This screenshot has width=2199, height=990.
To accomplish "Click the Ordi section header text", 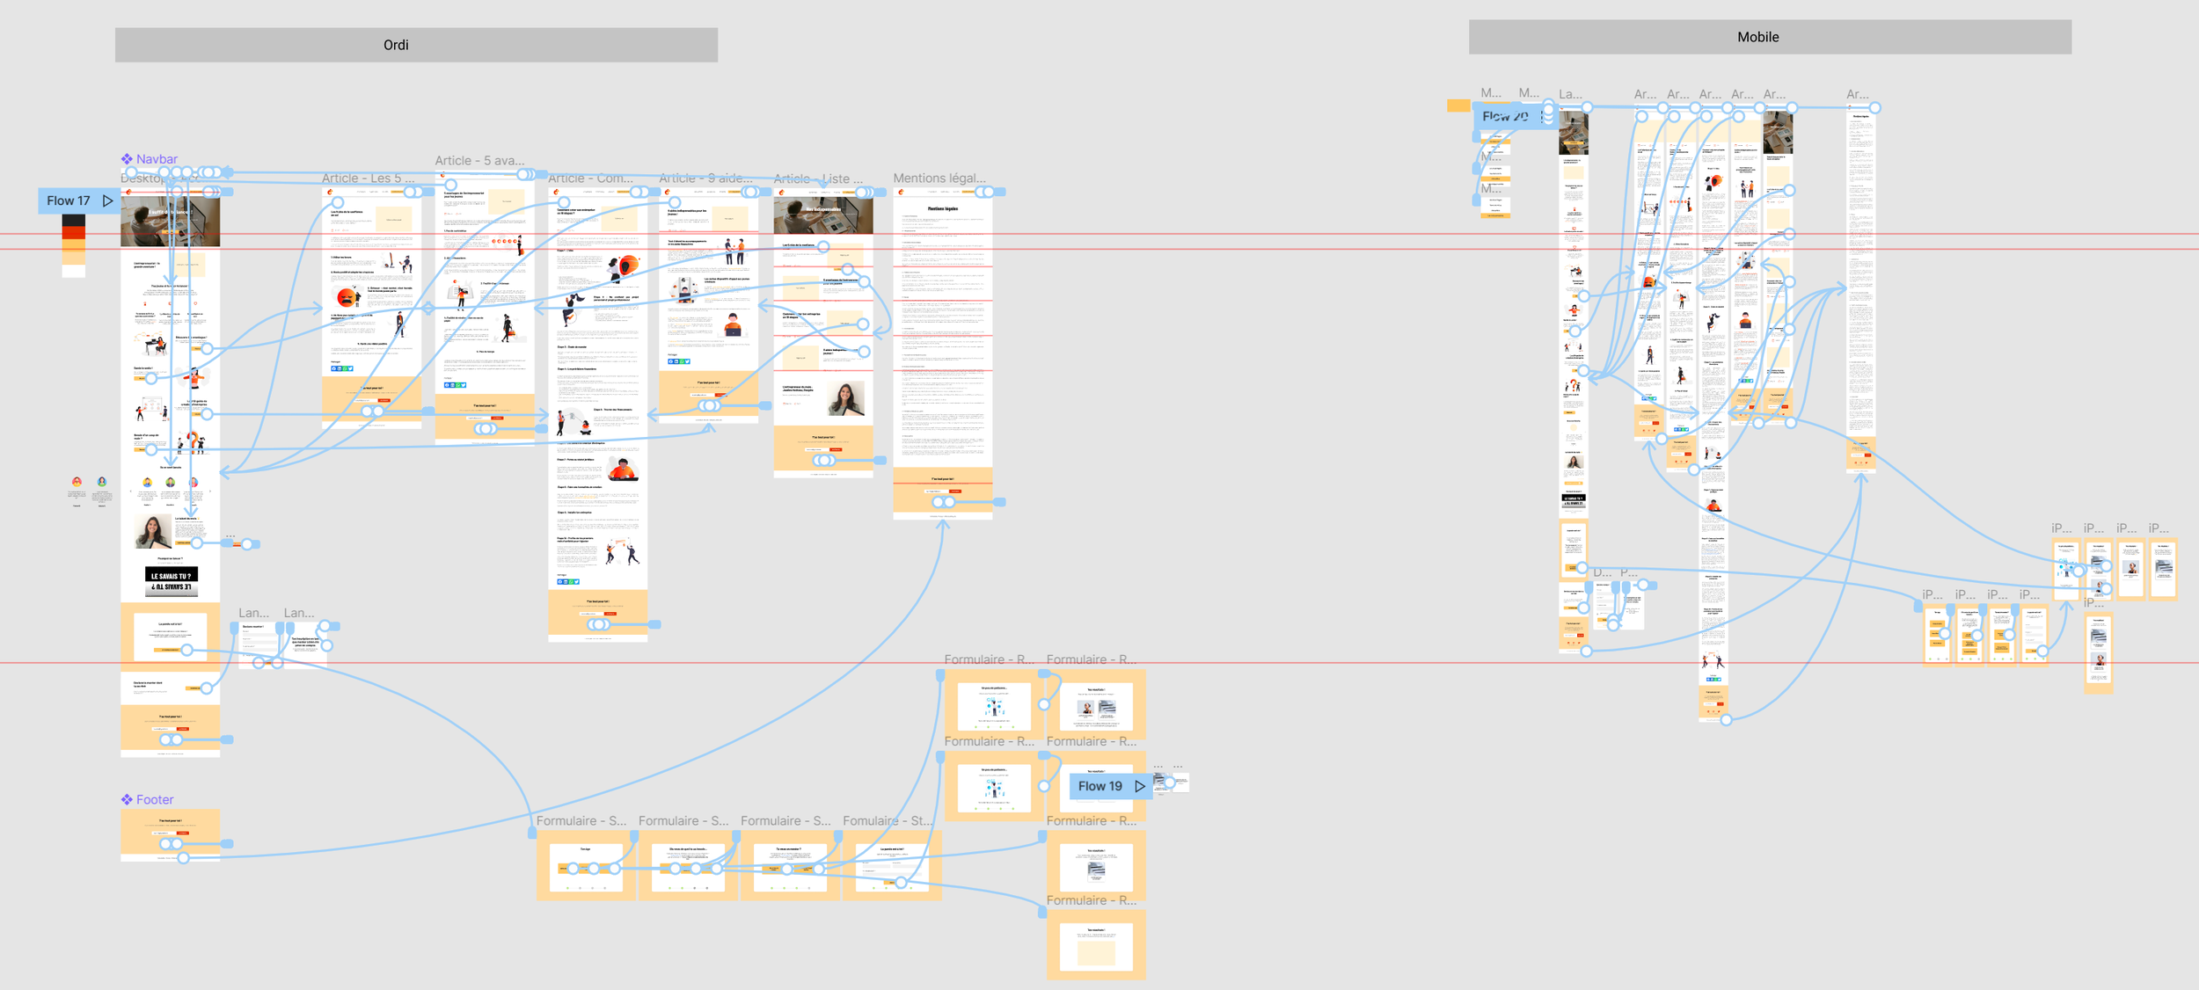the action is [x=396, y=45].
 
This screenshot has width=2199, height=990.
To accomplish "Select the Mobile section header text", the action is [x=1757, y=37].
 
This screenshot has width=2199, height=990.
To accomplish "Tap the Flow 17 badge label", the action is [x=69, y=200].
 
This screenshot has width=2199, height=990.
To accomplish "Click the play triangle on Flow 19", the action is [x=1140, y=786].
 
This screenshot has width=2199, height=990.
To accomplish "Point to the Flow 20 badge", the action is [x=1505, y=116].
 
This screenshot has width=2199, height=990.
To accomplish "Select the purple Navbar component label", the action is [x=157, y=159].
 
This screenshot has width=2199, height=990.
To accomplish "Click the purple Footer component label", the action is [x=155, y=799].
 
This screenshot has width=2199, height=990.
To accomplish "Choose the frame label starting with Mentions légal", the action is [x=939, y=178].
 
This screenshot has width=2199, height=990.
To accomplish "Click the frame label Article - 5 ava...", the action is [x=479, y=160].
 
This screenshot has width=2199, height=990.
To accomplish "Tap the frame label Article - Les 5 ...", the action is [x=368, y=178].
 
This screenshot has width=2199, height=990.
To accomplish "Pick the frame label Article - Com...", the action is [x=590, y=178].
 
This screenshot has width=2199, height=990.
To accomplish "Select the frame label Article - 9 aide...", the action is [x=705, y=178].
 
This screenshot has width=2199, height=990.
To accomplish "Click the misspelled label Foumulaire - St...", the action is [x=887, y=820].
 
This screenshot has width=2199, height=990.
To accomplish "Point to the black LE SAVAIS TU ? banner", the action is [x=171, y=581].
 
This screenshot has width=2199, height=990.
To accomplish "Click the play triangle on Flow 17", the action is [x=108, y=200].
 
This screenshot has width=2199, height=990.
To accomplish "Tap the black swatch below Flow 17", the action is [x=74, y=220].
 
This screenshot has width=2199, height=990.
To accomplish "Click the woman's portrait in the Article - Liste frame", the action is [x=845, y=399].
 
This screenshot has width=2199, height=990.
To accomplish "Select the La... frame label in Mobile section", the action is [x=1570, y=94].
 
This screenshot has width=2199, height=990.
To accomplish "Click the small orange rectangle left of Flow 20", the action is [x=1457, y=106].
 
